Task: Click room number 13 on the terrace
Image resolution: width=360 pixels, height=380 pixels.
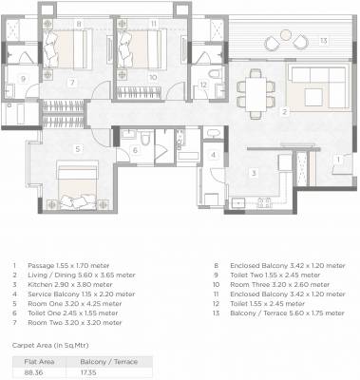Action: [324, 40]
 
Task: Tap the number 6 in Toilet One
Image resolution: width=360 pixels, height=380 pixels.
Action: [135, 150]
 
